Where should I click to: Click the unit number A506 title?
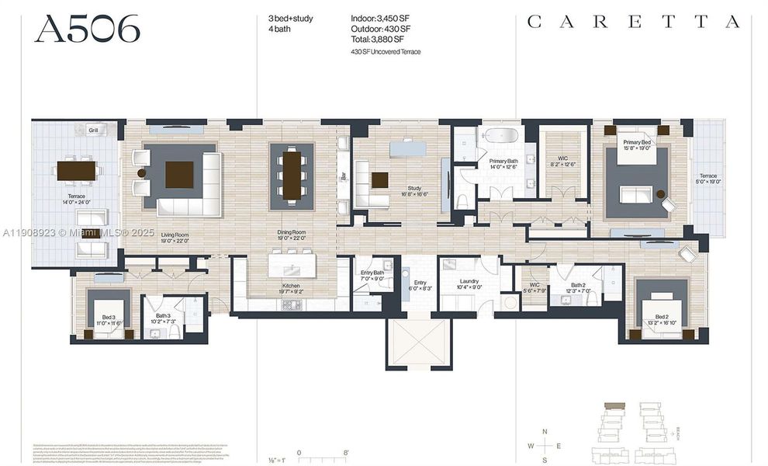pyautogui.click(x=88, y=29)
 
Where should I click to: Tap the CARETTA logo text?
pyautogui.click(x=633, y=23)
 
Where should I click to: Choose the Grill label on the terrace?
pyautogui.click(x=92, y=130)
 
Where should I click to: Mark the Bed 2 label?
pyautogui.click(x=661, y=319)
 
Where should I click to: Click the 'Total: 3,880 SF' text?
pyautogui.click(x=379, y=40)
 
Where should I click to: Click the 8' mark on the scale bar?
pyautogui.click(x=346, y=452)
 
